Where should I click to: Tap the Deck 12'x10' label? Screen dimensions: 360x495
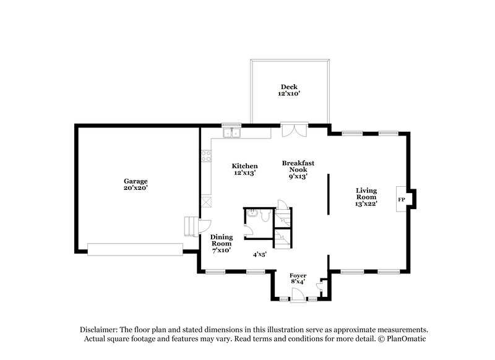pos(289,90)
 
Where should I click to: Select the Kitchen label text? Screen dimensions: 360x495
pos(244,169)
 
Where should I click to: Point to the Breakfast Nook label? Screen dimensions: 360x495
pos(298,169)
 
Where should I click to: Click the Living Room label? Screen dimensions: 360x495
pos(366,196)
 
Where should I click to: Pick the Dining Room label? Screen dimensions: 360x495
pos(221,243)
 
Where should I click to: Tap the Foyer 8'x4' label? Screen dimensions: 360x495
pos(298,278)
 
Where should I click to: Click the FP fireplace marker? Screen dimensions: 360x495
pos(401,200)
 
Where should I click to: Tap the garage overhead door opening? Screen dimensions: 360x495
pos(135,249)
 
